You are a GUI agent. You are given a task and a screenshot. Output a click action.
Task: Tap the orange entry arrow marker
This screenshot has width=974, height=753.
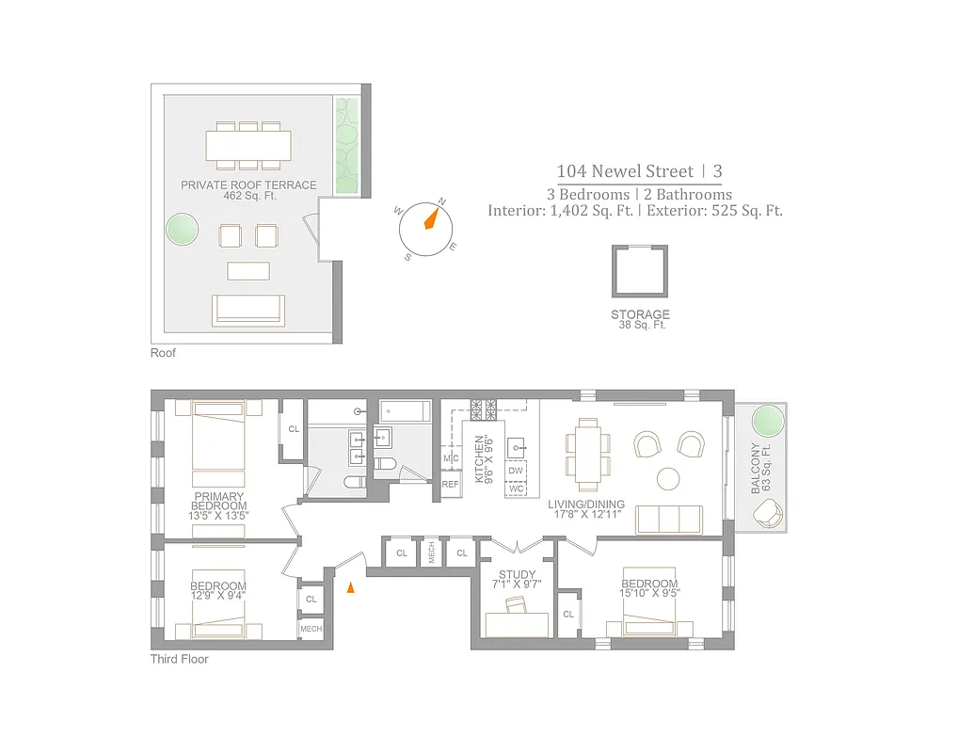352,588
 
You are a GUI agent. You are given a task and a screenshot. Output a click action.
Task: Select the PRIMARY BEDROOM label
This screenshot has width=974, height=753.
218,505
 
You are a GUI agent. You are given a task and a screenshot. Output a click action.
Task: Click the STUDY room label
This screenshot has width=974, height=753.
517,580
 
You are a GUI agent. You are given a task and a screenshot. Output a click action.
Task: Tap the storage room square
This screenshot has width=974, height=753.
640,272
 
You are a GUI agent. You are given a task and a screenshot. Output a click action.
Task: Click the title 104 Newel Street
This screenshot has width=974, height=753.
624,171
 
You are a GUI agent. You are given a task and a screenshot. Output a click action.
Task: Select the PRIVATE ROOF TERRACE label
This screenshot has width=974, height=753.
248,190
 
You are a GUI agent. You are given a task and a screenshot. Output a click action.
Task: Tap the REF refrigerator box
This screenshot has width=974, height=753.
451,485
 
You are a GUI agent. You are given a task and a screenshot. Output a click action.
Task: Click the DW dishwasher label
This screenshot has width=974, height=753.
515,471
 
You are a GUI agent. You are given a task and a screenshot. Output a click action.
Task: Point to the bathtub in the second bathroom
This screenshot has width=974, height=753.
406,411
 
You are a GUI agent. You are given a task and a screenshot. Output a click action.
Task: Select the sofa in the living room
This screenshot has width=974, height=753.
669,520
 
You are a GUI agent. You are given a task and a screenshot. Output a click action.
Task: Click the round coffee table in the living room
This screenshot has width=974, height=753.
668,478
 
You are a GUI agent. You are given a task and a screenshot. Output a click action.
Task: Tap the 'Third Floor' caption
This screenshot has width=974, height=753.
180,659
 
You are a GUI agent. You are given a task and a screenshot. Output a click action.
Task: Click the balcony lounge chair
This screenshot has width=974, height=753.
767,513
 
